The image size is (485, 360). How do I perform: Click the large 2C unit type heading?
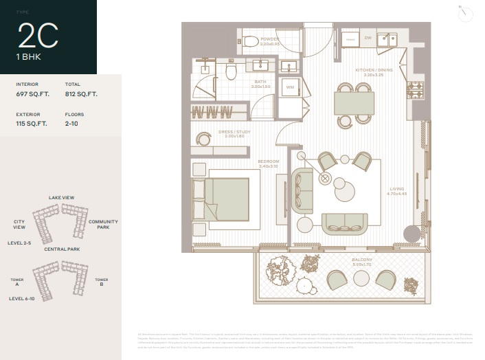tap(38, 36)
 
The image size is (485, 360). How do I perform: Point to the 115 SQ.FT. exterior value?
tap(32, 124)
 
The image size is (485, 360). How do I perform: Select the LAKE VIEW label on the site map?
tap(61, 198)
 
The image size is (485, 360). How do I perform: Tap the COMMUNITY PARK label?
tap(103, 225)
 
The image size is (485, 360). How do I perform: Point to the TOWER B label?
tap(101, 282)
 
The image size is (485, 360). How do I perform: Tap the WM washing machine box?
tap(290, 87)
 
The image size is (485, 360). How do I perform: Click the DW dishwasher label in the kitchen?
tap(368, 38)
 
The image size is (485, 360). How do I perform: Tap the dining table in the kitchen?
tap(354, 104)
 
